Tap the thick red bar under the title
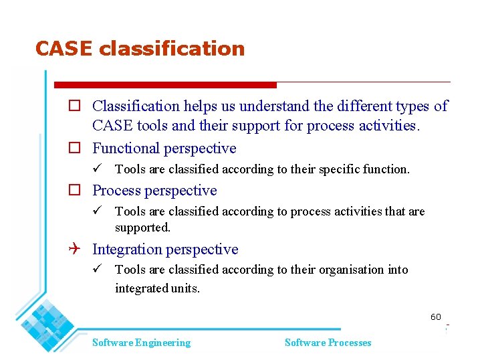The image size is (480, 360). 165,85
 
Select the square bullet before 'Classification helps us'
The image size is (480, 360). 76,106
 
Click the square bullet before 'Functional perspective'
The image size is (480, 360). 76,149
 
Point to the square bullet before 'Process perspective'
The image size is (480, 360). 76,191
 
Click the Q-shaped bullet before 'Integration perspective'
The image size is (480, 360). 76,250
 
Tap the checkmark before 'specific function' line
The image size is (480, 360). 98,169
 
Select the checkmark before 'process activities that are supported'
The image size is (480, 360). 98,211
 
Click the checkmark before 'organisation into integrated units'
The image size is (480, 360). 98,270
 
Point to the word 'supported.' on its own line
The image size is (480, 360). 142,228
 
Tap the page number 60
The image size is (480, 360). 436,317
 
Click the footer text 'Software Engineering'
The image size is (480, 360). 141,343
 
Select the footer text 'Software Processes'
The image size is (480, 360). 328,343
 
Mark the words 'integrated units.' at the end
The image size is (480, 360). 157,288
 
